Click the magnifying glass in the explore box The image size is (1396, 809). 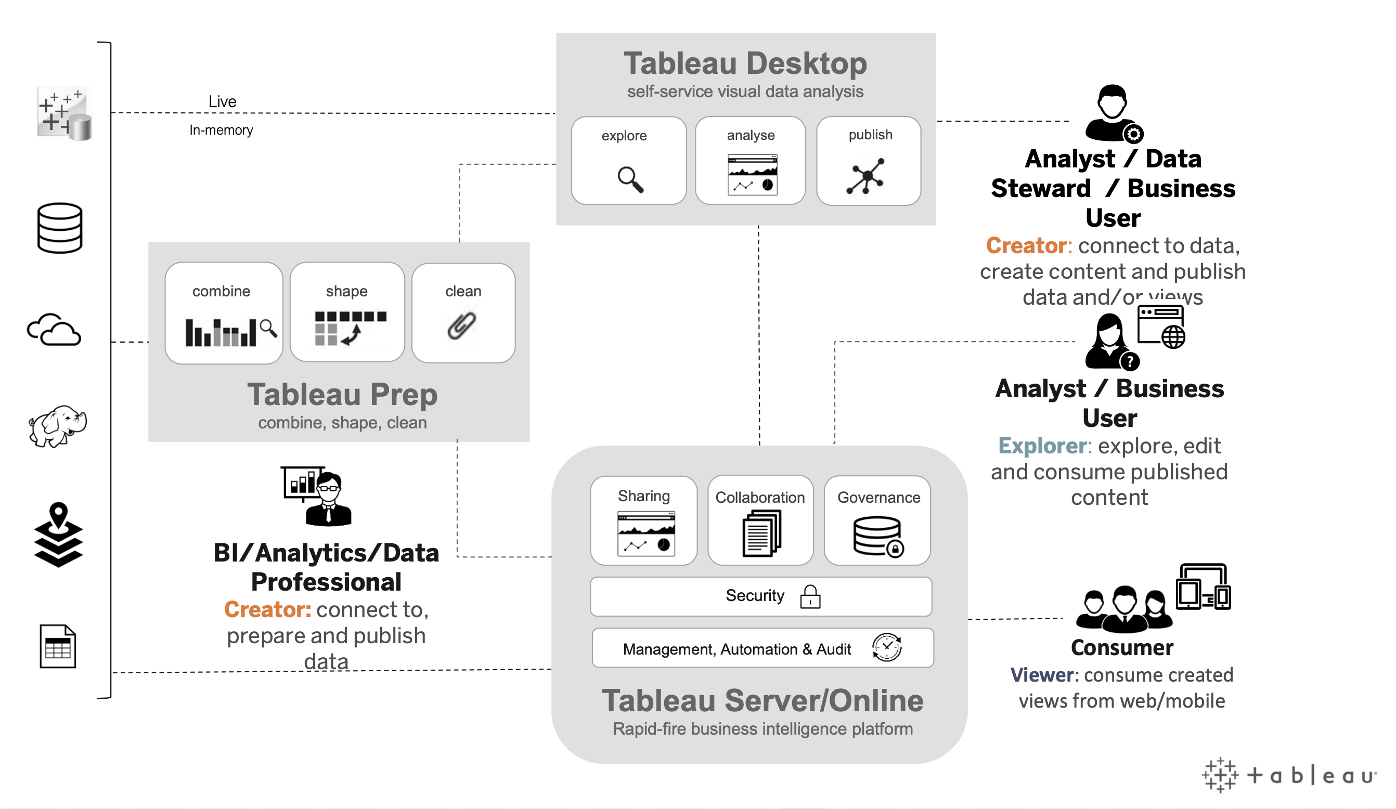630,179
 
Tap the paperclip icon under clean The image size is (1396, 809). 461,325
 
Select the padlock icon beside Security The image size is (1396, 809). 810,596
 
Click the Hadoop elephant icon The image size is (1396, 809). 58,425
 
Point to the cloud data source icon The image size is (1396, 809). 54,330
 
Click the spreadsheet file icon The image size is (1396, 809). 58,646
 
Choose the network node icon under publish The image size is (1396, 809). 865,177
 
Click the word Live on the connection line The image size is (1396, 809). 222,101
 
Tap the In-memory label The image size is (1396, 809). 221,130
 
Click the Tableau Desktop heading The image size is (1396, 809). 745,63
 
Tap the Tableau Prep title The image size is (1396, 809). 342,394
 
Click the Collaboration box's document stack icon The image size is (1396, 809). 761,533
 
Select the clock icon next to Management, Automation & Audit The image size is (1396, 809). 886,647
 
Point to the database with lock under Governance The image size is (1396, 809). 878,536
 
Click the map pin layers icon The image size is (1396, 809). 58,534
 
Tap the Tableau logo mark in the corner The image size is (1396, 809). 1219,775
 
